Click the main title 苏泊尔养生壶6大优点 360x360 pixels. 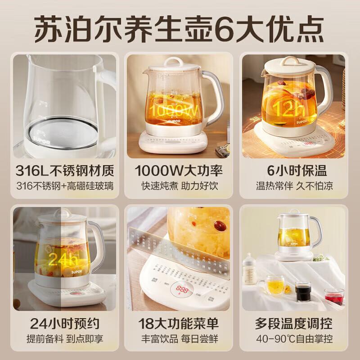[180, 26]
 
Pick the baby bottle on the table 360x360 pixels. [250, 269]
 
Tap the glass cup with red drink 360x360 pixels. [333, 297]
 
